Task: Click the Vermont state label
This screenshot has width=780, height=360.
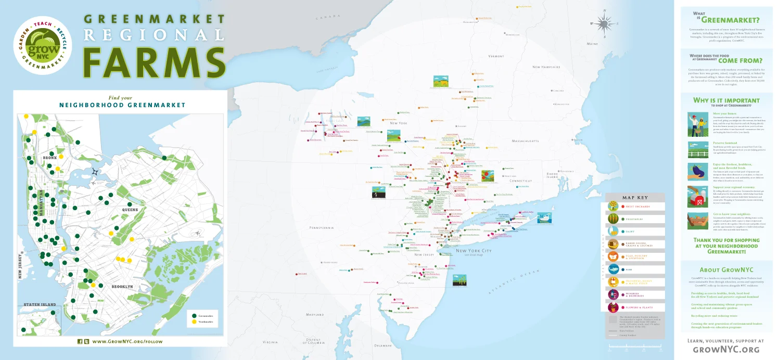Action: [x=496, y=56]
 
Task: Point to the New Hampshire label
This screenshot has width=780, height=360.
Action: [x=546, y=67]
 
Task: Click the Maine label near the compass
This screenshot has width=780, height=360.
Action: [x=592, y=44]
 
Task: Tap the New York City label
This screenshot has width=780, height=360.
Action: [x=474, y=251]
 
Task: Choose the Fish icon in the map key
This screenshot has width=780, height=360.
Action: [x=614, y=269]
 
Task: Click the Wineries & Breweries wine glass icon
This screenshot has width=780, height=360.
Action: [x=614, y=295]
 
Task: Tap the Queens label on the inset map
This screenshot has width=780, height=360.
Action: [x=130, y=209]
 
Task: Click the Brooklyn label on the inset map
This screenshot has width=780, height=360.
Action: [x=122, y=287]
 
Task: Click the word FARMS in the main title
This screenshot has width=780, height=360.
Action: [x=154, y=62]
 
